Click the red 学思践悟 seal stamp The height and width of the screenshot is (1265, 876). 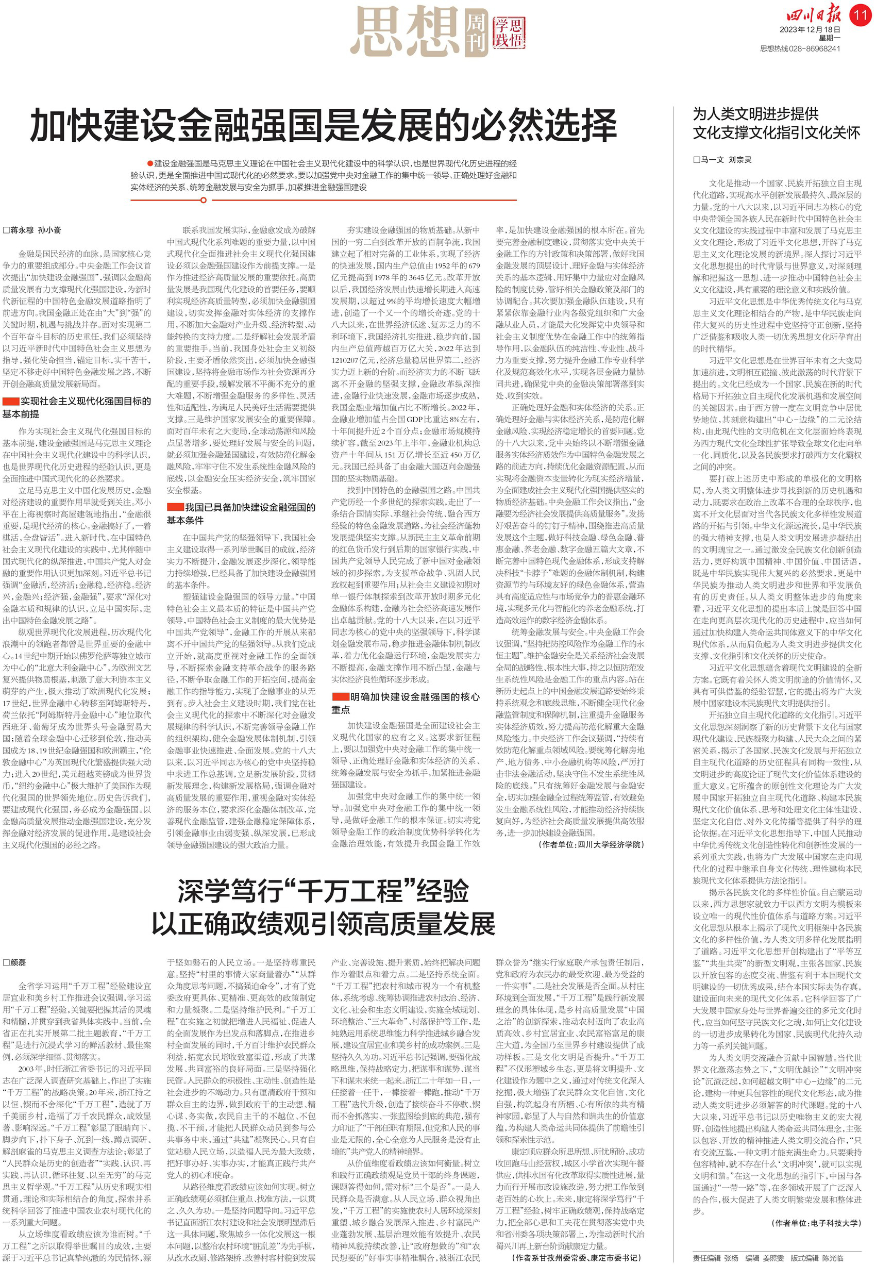[x=508, y=32]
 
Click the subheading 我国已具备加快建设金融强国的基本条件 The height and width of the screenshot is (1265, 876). [x=242, y=513]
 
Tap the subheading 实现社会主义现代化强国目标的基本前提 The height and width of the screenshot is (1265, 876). [x=77, y=407]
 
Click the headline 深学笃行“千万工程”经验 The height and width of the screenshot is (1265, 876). [x=323, y=891]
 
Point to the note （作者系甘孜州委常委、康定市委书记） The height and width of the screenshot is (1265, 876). [x=576, y=1254]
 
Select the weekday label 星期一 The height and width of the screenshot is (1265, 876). [x=829, y=39]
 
